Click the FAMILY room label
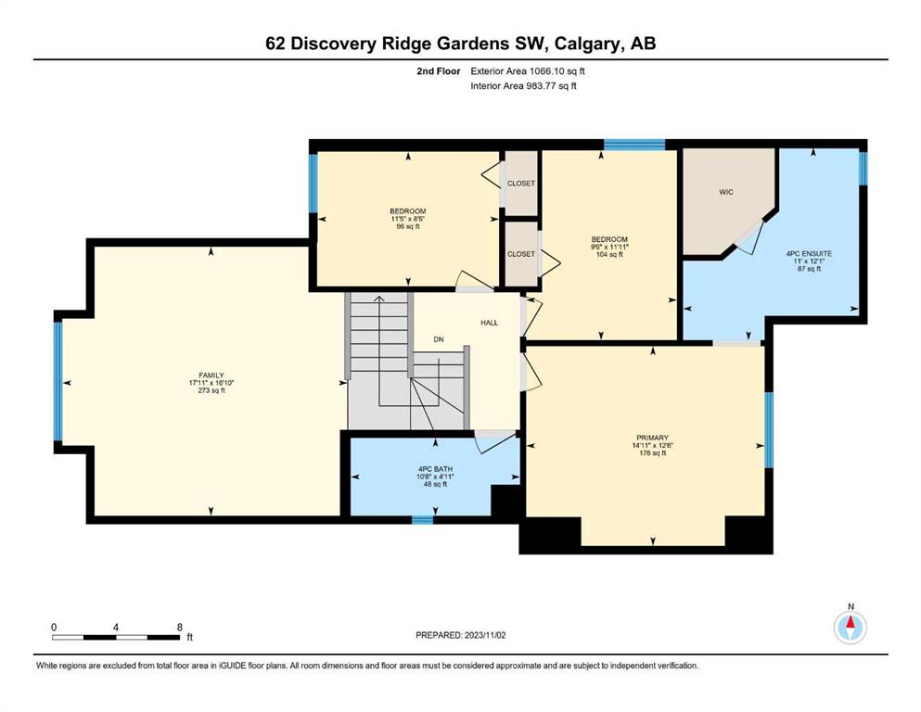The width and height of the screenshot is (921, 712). click(211, 375)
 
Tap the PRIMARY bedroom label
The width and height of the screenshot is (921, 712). click(653, 438)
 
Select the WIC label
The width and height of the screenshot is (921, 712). click(726, 192)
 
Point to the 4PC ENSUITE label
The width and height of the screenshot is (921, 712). click(809, 254)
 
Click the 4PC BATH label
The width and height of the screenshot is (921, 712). click(435, 469)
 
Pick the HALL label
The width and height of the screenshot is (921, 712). click(490, 323)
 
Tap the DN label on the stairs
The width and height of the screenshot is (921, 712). click(438, 339)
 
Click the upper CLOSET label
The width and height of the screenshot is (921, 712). click(521, 184)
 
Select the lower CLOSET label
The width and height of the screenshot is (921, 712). click(521, 254)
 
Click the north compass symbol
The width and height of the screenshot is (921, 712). click(851, 628)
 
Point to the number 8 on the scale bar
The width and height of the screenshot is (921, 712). click(180, 627)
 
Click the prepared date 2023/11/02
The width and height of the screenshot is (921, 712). click(485, 635)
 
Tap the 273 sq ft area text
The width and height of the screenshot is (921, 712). click(211, 390)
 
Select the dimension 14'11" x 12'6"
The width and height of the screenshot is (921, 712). click(653, 445)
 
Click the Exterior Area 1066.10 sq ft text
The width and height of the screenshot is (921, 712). click(528, 71)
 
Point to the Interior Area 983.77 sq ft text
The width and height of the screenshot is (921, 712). click(523, 85)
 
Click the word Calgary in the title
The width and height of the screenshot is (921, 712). click(587, 44)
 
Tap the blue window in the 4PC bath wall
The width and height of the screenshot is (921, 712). click(422, 519)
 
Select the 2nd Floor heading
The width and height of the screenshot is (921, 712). click(439, 71)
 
